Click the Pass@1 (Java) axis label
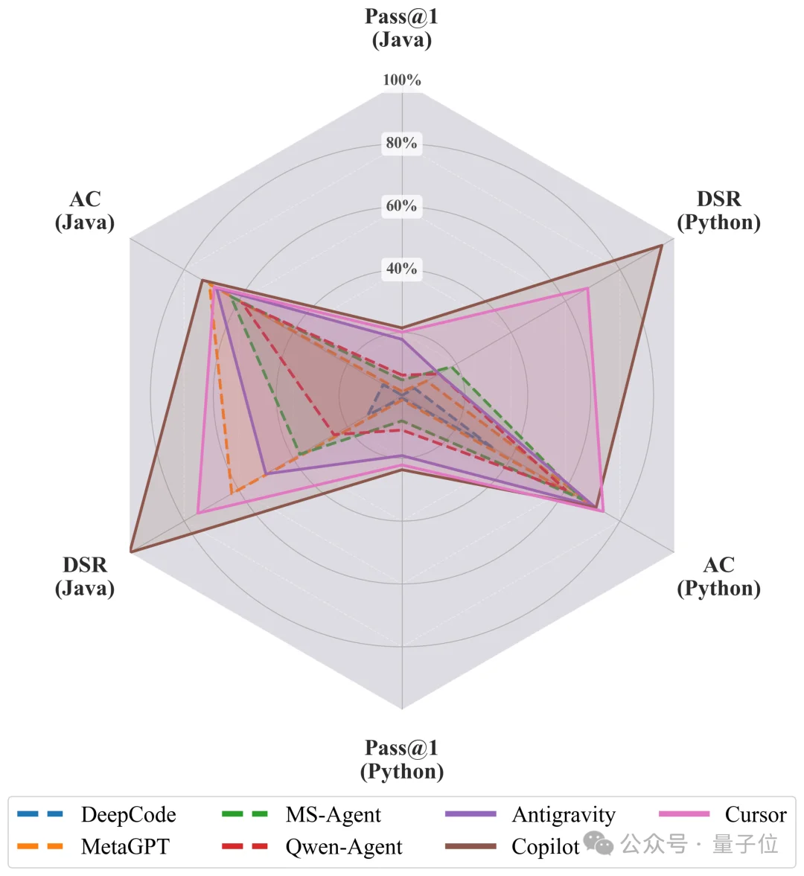[402, 28]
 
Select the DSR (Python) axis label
[718, 211]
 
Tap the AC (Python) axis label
[718, 576]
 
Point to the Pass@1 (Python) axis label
[402, 759]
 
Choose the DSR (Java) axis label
[85, 576]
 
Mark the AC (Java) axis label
[85, 211]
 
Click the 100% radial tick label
[402, 80]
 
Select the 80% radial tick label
[402, 143]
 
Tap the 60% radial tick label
[402, 206]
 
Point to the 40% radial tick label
[402, 269]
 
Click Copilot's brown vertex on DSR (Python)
[662, 245]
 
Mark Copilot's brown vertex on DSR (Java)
[130, 552]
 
